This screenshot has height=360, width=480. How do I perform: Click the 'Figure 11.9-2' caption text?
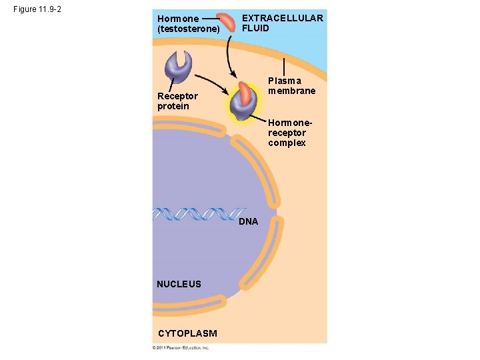pos(37,11)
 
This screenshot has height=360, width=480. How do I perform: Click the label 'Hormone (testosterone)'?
pos(188,24)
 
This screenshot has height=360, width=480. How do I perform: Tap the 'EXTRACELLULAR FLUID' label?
pos(282,23)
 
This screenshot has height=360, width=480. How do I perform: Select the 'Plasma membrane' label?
pos(291,86)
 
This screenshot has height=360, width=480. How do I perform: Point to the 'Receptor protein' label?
pos(177,101)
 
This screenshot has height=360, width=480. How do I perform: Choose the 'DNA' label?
pos(248,222)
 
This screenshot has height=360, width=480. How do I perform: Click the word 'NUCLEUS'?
pos(179,284)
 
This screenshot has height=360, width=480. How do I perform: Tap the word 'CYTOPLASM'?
pos(187,333)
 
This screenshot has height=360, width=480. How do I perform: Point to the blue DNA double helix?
pos(197,213)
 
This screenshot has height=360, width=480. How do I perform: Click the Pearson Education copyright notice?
pos(181,347)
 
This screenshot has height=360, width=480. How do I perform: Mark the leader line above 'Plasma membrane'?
pos(285,67)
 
